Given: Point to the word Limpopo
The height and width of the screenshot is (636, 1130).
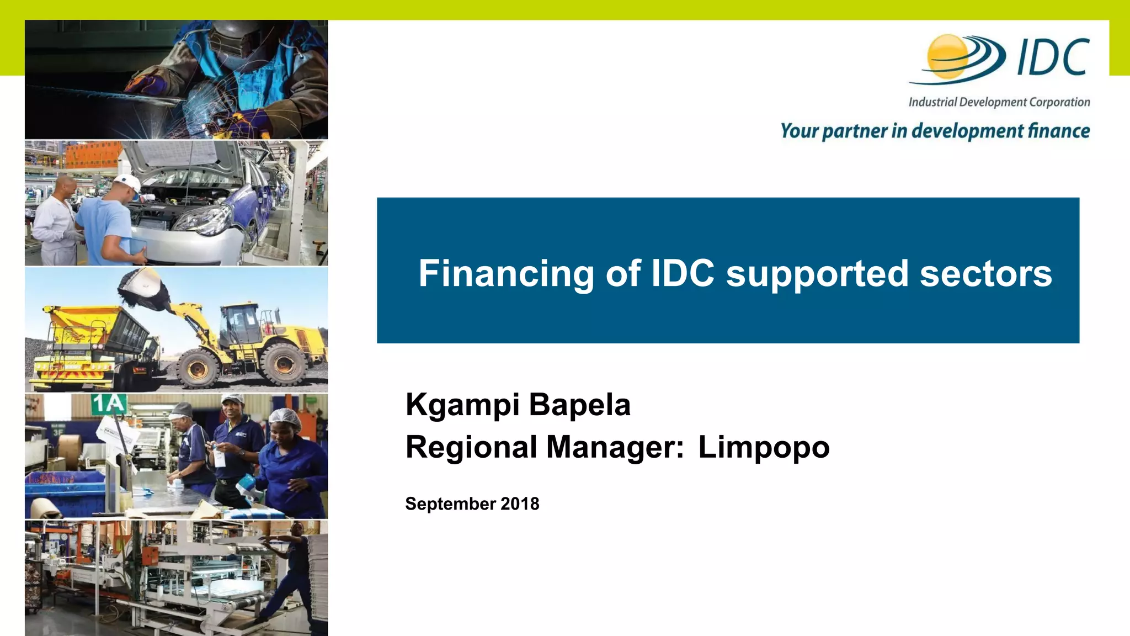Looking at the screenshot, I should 764,447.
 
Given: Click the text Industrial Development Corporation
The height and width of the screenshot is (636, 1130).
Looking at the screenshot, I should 999,102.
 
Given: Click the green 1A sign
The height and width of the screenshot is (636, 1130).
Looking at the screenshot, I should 109,404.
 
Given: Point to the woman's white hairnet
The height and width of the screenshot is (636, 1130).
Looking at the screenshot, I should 285,421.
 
